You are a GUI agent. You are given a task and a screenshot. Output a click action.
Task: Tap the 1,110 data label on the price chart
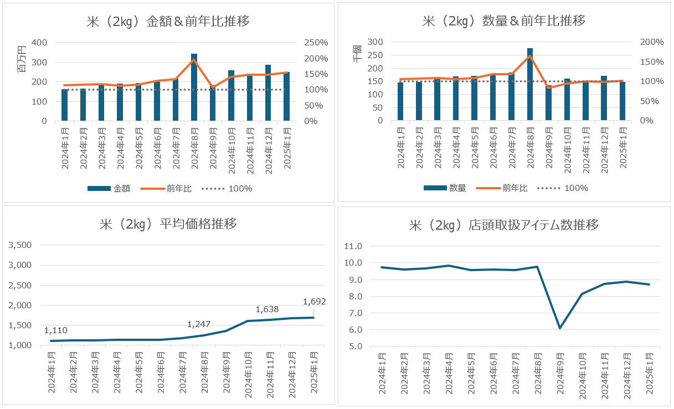point(56,330)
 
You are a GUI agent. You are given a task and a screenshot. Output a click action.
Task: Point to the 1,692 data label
point(315,302)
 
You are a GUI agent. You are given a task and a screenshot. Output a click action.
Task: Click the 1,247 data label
point(199,324)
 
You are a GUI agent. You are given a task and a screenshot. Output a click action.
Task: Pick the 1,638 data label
point(267,309)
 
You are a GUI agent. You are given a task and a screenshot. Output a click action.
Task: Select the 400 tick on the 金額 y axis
point(39,43)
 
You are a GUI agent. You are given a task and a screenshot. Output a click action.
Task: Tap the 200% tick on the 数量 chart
point(652,42)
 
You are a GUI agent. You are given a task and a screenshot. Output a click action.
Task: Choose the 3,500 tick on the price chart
point(20,245)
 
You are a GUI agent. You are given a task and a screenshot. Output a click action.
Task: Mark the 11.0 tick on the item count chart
point(353,246)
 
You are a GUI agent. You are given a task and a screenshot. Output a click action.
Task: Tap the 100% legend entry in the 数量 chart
point(576,188)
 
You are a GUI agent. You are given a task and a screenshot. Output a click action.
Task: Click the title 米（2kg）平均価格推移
point(168,224)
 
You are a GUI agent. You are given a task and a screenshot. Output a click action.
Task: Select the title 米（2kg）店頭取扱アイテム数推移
point(503,225)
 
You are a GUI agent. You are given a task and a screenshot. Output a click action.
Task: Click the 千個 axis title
point(358,53)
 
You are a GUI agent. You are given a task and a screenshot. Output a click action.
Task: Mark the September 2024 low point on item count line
point(560,328)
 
